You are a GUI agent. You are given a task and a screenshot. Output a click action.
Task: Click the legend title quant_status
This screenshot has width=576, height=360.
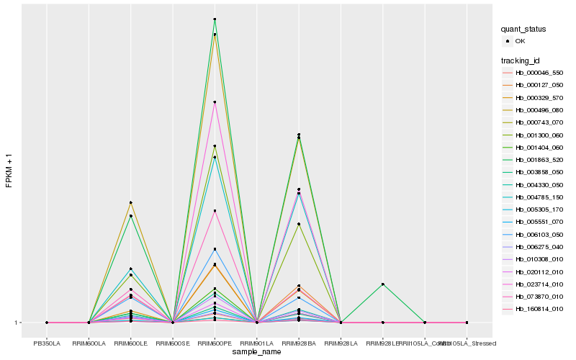523,29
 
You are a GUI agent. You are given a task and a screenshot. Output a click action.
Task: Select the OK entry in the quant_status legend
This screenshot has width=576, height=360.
519,41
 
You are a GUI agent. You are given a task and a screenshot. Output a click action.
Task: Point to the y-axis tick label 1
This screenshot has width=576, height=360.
16,323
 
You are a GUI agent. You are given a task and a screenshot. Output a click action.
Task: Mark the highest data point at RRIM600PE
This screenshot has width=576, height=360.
215,19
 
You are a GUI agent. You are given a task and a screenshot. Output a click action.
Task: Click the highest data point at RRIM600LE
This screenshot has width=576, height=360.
130,203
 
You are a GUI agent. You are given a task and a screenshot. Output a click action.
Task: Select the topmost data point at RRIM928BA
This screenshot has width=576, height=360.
299,135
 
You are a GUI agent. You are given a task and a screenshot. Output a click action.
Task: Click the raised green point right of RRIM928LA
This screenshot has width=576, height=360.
382,284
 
